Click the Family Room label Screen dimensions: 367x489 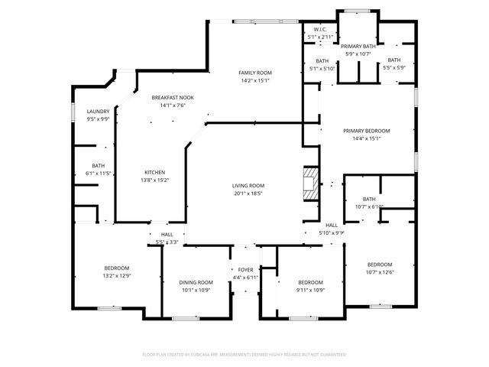(x=255, y=72)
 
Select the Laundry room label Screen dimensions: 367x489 (x=98, y=111)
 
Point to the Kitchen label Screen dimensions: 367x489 (x=154, y=172)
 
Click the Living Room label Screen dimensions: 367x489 (x=248, y=186)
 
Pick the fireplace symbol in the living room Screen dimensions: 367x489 (x=309, y=183)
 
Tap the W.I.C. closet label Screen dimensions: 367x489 (x=320, y=29)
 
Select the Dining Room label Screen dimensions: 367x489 (x=196, y=282)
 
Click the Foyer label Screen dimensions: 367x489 (x=245, y=270)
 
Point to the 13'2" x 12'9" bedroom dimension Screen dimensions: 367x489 (x=117, y=275)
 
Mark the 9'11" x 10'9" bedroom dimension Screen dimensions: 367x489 (x=311, y=290)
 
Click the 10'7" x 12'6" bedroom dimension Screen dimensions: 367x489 (x=379, y=272)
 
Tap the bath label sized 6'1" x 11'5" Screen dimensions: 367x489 (x=99, y=174)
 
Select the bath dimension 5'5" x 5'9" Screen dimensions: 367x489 (x=393, y=67)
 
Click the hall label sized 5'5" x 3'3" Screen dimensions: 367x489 (x=167, y=242)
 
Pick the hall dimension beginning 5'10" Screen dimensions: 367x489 (x=332, y=233)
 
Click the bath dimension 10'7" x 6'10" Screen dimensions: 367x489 (x=369, y=207)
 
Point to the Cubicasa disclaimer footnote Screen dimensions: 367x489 (x=244, y=354)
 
